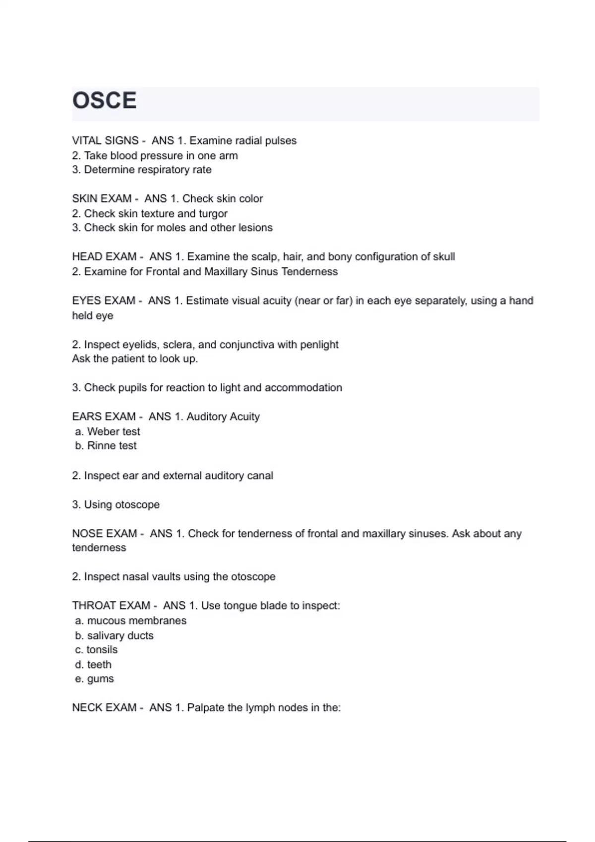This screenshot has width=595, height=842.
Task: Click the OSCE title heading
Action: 104,101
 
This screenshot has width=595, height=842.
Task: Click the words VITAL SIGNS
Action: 105,141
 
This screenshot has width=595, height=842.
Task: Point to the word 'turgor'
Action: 213,213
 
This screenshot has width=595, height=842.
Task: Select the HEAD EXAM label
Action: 104,257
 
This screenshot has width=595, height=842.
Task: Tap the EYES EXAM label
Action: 104,301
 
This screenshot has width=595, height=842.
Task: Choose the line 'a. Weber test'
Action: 108,431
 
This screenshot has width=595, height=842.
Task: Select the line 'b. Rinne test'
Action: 106,446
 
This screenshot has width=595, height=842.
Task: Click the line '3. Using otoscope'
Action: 116,505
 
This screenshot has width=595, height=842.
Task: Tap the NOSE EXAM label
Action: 104,533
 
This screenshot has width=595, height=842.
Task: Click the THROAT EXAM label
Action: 111,606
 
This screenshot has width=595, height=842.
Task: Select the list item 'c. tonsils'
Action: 96,650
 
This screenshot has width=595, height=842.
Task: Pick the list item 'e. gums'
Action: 94,679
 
